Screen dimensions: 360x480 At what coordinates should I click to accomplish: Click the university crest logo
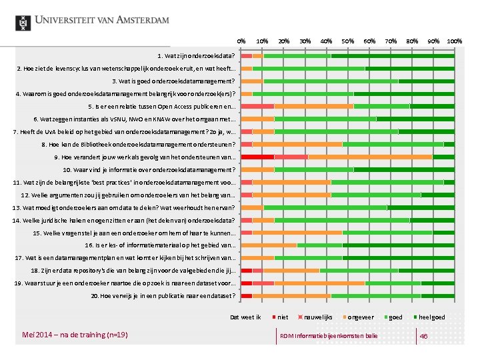[23, 21]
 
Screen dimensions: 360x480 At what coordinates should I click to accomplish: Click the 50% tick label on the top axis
[347, 41]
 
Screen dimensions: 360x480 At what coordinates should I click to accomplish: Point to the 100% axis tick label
[455, 41]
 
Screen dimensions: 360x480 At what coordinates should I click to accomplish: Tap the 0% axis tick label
[241, 41]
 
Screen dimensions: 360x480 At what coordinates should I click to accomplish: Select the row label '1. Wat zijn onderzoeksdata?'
[196, 55]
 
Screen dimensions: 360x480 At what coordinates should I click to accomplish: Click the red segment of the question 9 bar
[257, 157]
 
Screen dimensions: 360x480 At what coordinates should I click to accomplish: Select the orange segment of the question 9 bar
[370, 157]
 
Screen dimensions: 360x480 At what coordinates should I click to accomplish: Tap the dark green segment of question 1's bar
[393, 55]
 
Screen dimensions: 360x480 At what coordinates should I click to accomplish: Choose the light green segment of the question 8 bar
[393, 144]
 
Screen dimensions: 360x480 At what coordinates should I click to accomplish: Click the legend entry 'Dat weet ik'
[245, 317]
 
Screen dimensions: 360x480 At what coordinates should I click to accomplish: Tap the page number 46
[423, 335]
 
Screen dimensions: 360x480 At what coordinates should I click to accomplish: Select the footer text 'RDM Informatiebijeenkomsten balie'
[328, 335]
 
